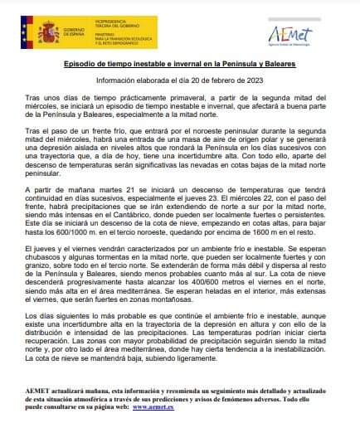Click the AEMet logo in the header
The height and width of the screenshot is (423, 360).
299,35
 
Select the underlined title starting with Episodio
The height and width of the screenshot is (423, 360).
179,64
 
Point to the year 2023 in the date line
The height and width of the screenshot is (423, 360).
254,80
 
